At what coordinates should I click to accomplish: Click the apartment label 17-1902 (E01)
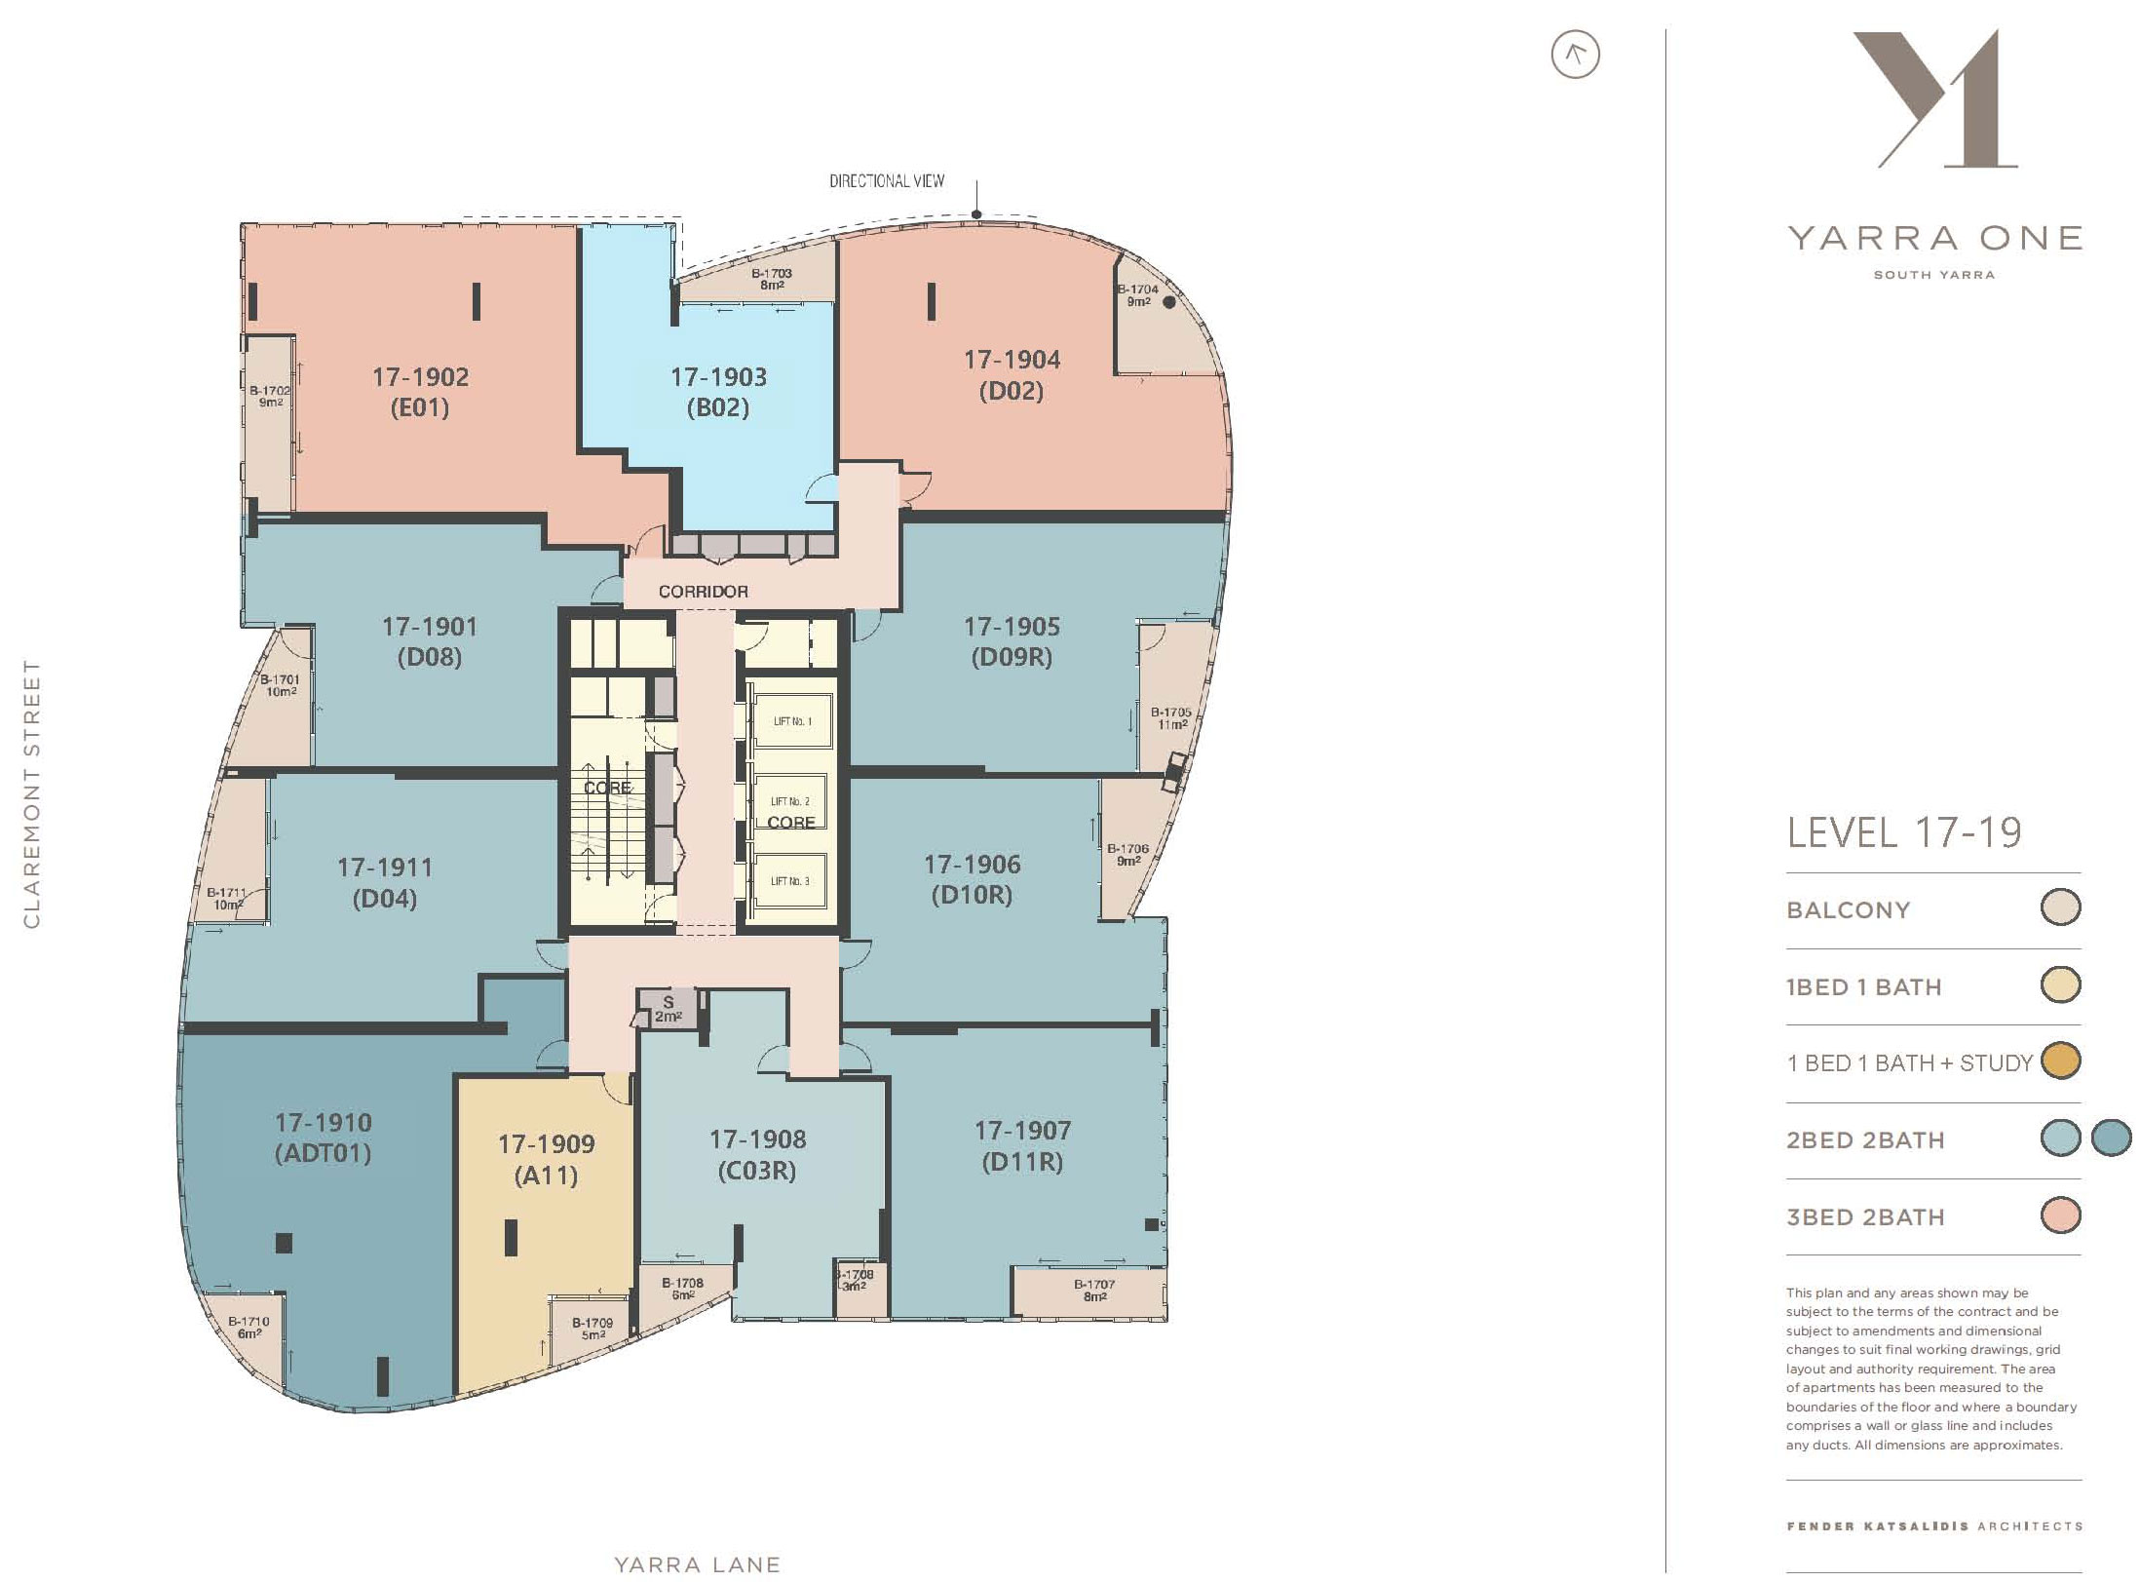click(420, 392)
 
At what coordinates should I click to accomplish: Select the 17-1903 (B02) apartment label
click(718, 392)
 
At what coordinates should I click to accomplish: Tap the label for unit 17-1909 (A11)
click(546, 1159)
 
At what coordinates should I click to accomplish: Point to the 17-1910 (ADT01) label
click(323, 1138)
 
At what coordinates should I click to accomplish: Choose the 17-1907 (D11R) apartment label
click(1022, 1145)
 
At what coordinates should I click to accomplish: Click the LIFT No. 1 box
click(791, 721)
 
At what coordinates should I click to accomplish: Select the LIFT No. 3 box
click(790, 881)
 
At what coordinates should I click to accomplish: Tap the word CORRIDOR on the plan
click(703, 592)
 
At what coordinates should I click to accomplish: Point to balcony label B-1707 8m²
click(1093, 1291)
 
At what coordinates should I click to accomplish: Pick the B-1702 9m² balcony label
click(270, 396)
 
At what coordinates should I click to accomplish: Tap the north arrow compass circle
click(1575, 55)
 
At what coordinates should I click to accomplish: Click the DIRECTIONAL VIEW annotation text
click(887, 181)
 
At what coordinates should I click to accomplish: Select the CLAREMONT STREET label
click(31, 794)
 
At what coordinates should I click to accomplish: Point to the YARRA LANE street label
click(698, 1564)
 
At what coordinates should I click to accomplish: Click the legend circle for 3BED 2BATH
click(2060, 1215)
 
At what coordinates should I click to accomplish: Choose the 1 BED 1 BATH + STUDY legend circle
click(2060, 1061)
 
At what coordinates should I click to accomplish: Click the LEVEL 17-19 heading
click(1904, 832)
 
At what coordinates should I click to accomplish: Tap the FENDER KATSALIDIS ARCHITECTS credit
click(1934, 1525)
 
